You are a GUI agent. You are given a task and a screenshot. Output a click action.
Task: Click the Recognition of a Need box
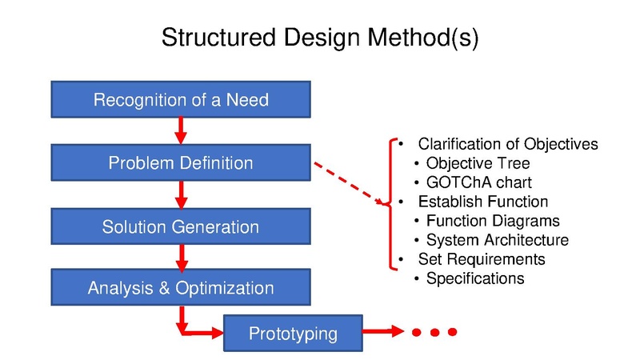pos(181,100)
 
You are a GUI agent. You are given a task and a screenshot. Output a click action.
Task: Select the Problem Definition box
pos(181,163)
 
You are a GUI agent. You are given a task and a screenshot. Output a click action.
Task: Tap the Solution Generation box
pos(181,226)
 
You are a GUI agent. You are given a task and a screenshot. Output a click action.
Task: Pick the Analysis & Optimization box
pos(181,288)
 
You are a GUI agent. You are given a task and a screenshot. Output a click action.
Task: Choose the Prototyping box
pos(293,333)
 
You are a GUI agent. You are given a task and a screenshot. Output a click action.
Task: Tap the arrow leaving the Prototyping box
pos(384,332)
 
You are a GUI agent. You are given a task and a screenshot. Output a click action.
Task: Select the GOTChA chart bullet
pos(478,182)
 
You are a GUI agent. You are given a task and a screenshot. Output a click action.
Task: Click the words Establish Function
pos(483,202)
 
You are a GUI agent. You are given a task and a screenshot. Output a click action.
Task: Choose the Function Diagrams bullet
pos(493,221)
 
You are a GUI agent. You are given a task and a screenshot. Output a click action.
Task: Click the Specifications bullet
pos(475,278)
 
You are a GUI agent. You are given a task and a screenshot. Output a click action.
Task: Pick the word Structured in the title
pos(210,38)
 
